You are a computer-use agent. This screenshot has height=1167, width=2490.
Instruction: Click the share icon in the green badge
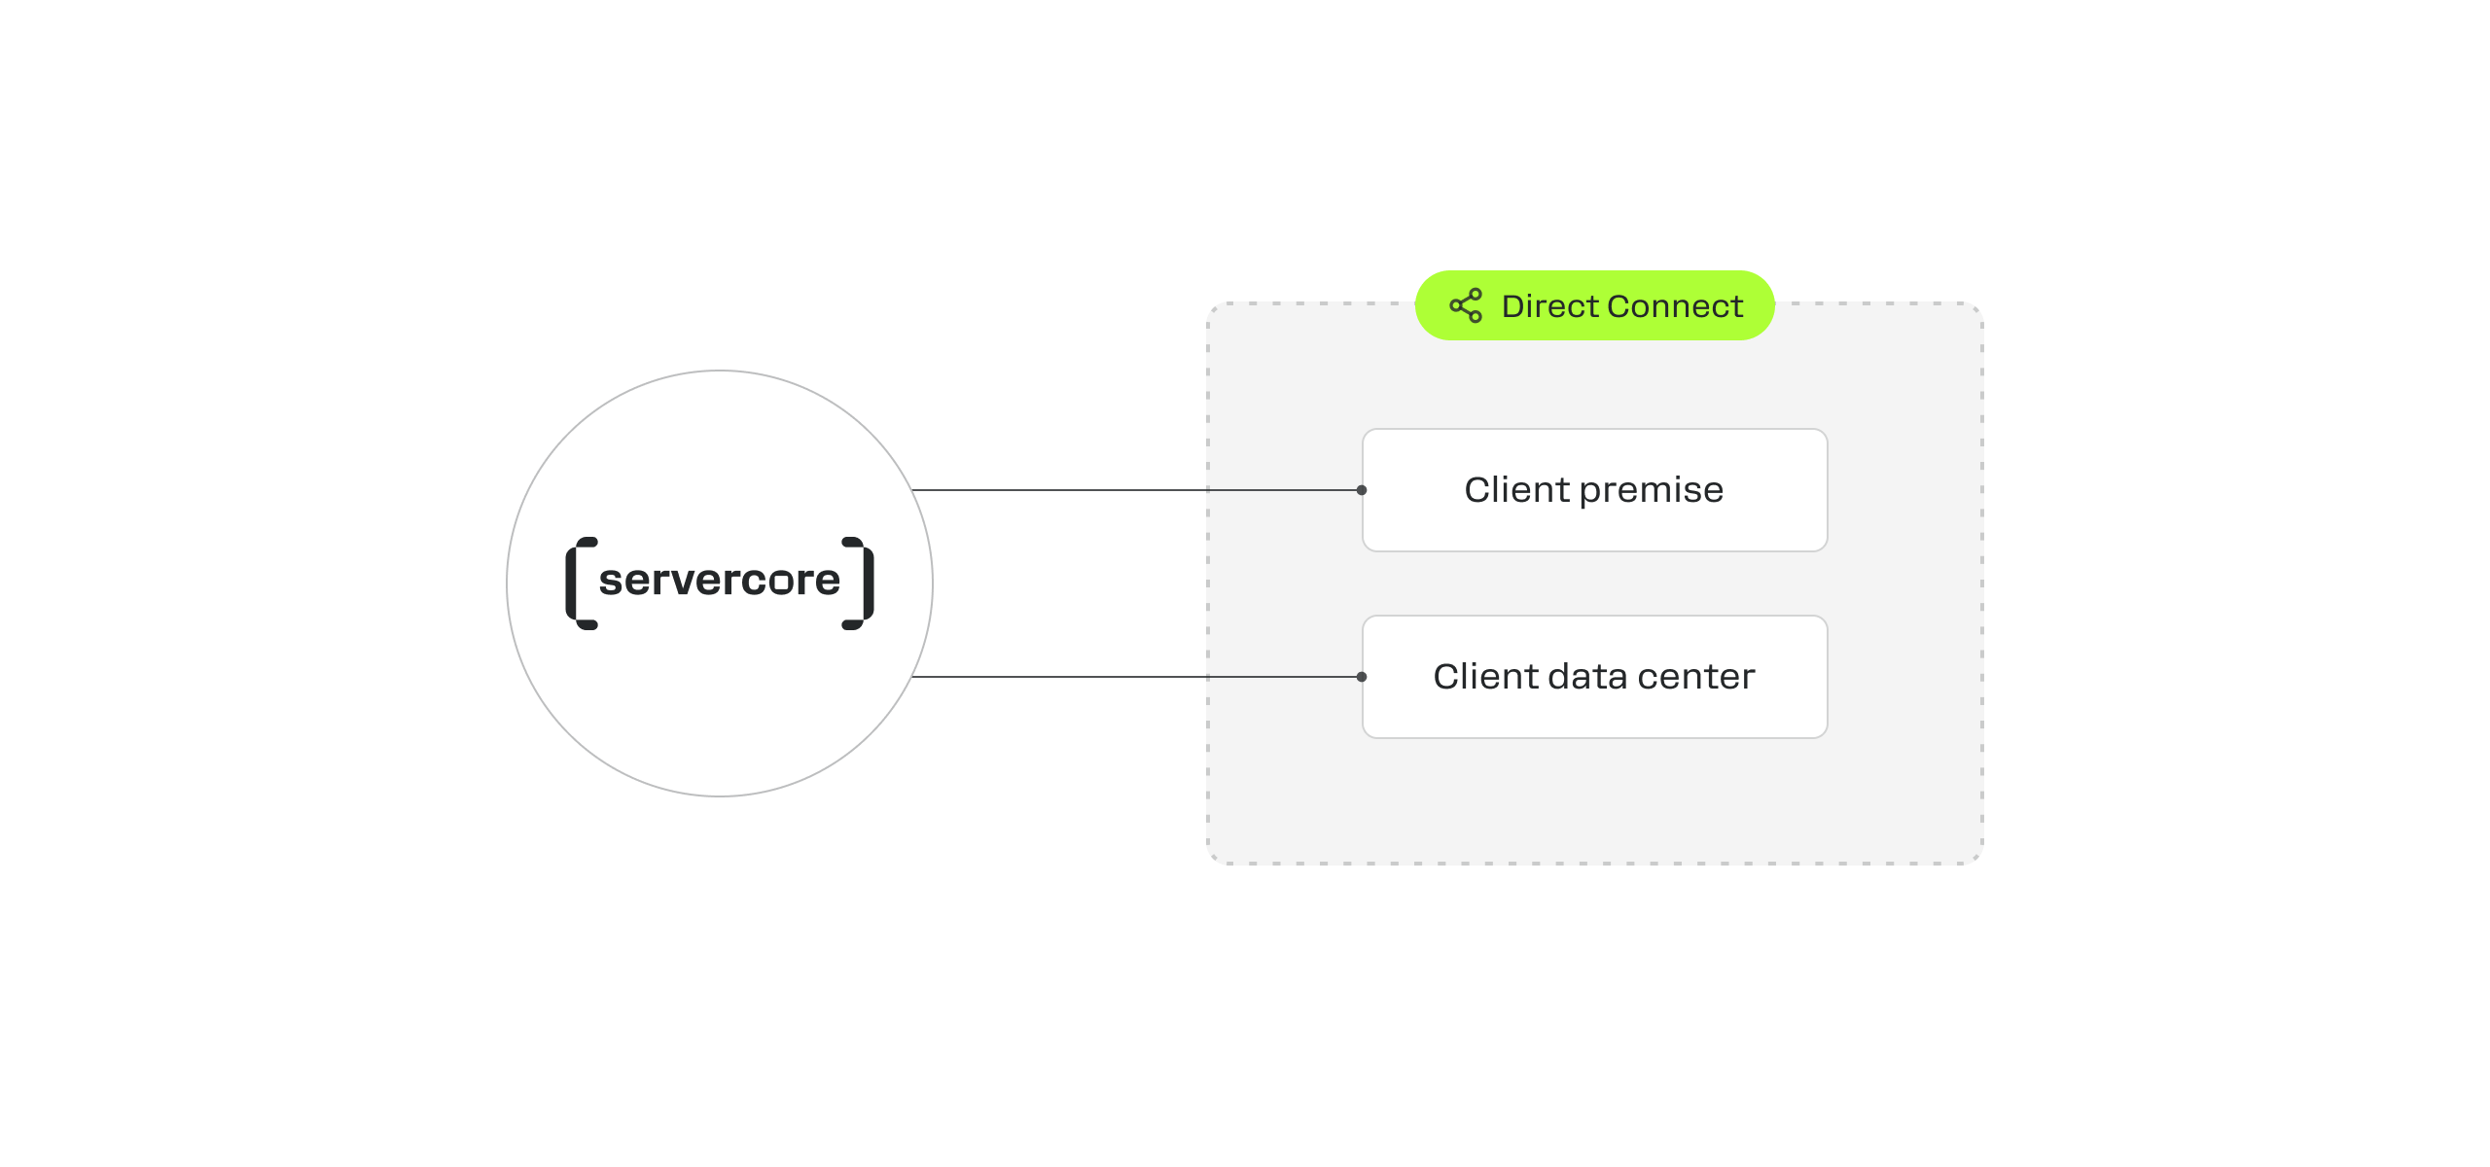(1466, 305)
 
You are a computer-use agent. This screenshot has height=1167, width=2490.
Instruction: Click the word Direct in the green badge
(1550, 306)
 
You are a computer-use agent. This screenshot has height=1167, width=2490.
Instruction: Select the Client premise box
(1595, 490)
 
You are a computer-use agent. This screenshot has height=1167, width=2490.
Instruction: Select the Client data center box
(1595, 677)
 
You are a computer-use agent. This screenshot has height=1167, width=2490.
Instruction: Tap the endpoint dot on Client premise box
(1362, 490)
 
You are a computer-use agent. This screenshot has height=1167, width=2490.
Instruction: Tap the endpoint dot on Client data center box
(1362, 677)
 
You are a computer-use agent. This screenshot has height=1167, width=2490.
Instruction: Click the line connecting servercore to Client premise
(1136, 490)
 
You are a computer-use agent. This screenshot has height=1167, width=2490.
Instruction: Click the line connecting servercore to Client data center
(1136, 677)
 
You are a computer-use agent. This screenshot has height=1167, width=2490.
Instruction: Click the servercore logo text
(720, 581)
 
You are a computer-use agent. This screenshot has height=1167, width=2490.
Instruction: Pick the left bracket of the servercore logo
(581, 583)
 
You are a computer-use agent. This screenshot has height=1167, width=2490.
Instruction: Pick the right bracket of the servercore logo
(858, 583)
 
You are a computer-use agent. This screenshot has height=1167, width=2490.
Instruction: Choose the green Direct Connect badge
(1595, 305)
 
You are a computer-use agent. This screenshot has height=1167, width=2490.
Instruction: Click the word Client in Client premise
(1517, 489)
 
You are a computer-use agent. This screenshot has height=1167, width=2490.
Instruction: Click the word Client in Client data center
(1486, 676)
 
